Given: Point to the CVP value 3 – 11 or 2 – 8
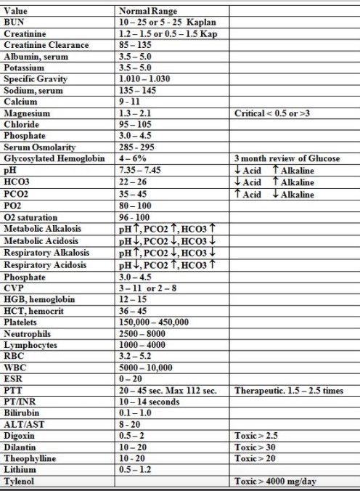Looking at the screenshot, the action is coord(147,288).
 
